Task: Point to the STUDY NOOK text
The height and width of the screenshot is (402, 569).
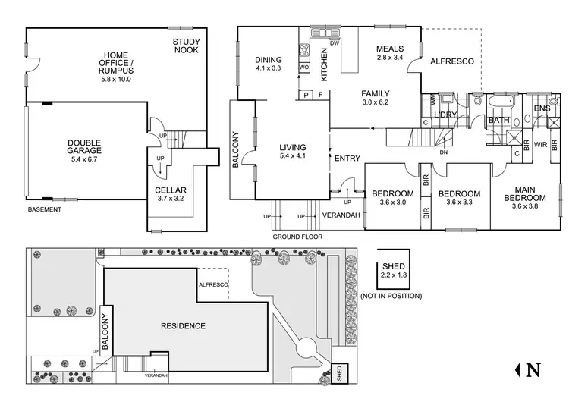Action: click(186, 46)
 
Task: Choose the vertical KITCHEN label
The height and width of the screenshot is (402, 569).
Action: click(324, 64)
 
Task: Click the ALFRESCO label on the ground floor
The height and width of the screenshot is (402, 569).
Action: click(451, 61)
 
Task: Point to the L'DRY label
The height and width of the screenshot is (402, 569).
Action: click(444, 115)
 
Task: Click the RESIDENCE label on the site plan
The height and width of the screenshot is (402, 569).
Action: click(183, 326)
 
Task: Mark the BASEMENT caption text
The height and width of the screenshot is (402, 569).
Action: click(44, 209)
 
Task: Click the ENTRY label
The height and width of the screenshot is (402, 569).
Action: click(347, 159)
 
